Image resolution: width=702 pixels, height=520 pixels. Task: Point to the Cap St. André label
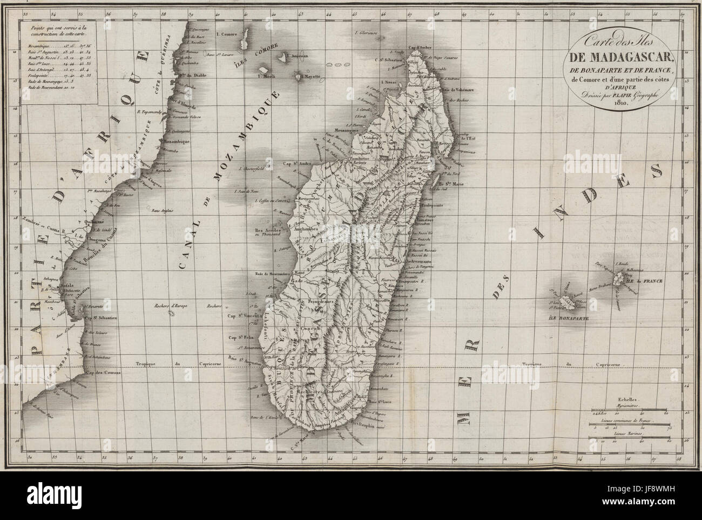tap(295, 162)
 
